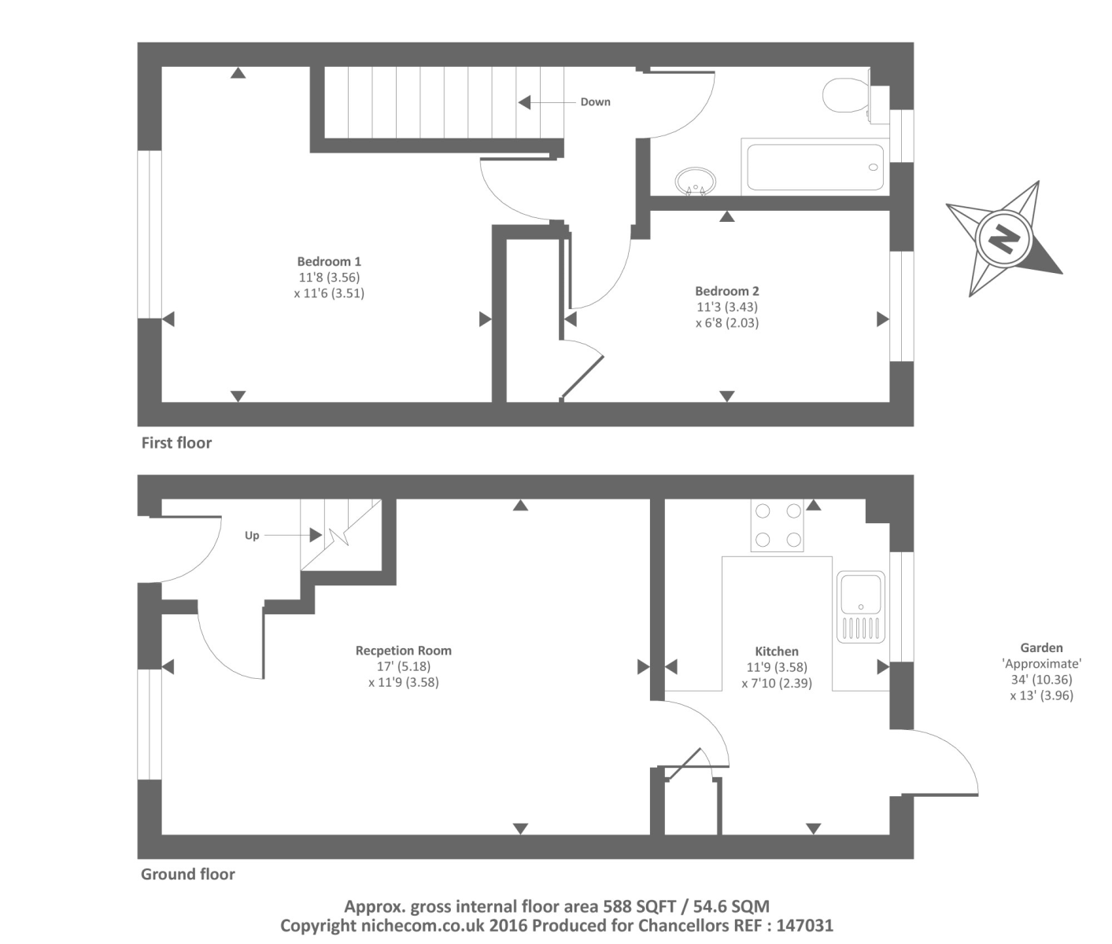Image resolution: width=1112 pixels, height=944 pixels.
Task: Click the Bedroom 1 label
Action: (x=329, y=261)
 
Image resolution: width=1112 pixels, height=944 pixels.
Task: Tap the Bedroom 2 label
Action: (x=726, y=291)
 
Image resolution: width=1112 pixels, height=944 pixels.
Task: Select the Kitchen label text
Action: (x=777, y=651)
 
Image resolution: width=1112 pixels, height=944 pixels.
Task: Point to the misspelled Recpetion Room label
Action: (x=403, y=651)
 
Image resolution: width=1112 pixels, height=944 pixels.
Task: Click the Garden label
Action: (x=1041, y=648)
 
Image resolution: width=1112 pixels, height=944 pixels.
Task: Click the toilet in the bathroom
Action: (x=844, y=96)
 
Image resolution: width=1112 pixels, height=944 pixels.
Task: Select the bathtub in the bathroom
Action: (x=815, y=167)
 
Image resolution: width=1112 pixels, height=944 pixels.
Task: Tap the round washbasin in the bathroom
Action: (x=695, y=180)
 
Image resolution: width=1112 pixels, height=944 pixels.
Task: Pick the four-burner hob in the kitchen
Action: (x=778, y=525)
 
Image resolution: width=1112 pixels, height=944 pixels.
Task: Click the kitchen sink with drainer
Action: (x=861, y=607)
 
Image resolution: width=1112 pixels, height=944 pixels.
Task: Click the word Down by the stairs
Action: (x=595, y=102)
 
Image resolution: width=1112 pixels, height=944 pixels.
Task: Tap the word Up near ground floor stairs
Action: (x=252, y=536)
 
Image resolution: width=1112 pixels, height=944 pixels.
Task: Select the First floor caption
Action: (x=176, y=443)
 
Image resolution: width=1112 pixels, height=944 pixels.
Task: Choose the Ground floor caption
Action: (x=187, y=874)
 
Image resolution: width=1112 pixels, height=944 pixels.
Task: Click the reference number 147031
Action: (x=802, y=926)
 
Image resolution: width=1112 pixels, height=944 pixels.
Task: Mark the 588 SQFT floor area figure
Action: (x=639, y=906)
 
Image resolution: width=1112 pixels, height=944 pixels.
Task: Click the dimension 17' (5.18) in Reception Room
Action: (x=403, y=666)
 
